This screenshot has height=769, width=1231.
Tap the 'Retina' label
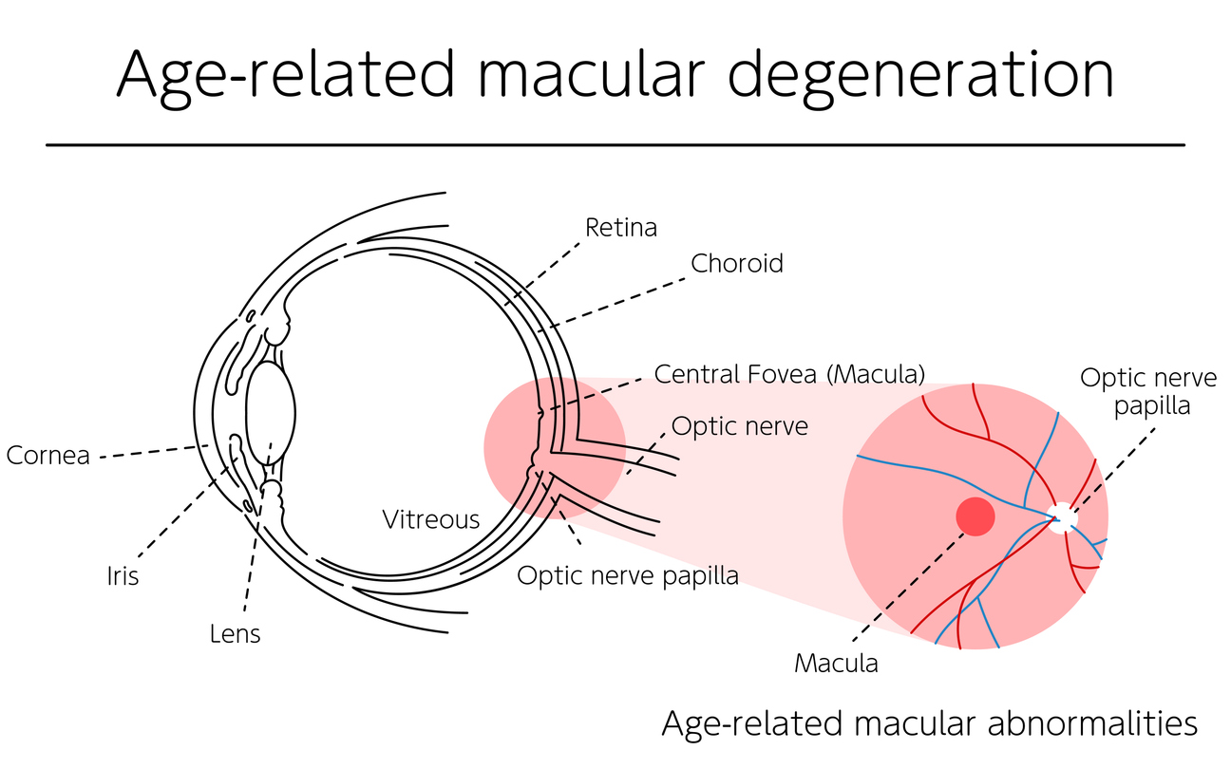pos(621,228)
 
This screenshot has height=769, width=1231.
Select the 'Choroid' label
pos(737,263)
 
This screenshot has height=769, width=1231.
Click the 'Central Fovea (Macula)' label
pos(789,374)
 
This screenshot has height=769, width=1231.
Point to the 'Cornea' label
pos(47,456)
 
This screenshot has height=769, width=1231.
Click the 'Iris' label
pos(123,576)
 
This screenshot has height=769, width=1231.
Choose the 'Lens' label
pos(235,633)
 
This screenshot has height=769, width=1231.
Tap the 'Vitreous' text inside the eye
pos(430,519)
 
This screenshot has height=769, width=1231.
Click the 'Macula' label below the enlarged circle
pos(836,663)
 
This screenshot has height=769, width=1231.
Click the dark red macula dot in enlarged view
pos(975,516)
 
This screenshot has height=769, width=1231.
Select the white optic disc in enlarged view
pos(1063,517)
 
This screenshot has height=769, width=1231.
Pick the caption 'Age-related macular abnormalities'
pos(929,724)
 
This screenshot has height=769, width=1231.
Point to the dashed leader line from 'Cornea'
pos(152,452)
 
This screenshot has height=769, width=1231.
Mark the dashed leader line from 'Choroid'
pos(617,303)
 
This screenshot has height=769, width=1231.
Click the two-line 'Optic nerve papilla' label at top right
pos(1147,391)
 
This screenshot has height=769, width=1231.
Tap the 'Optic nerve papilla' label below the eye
pos(627,575)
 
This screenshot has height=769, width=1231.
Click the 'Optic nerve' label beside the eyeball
pos(739,426)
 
